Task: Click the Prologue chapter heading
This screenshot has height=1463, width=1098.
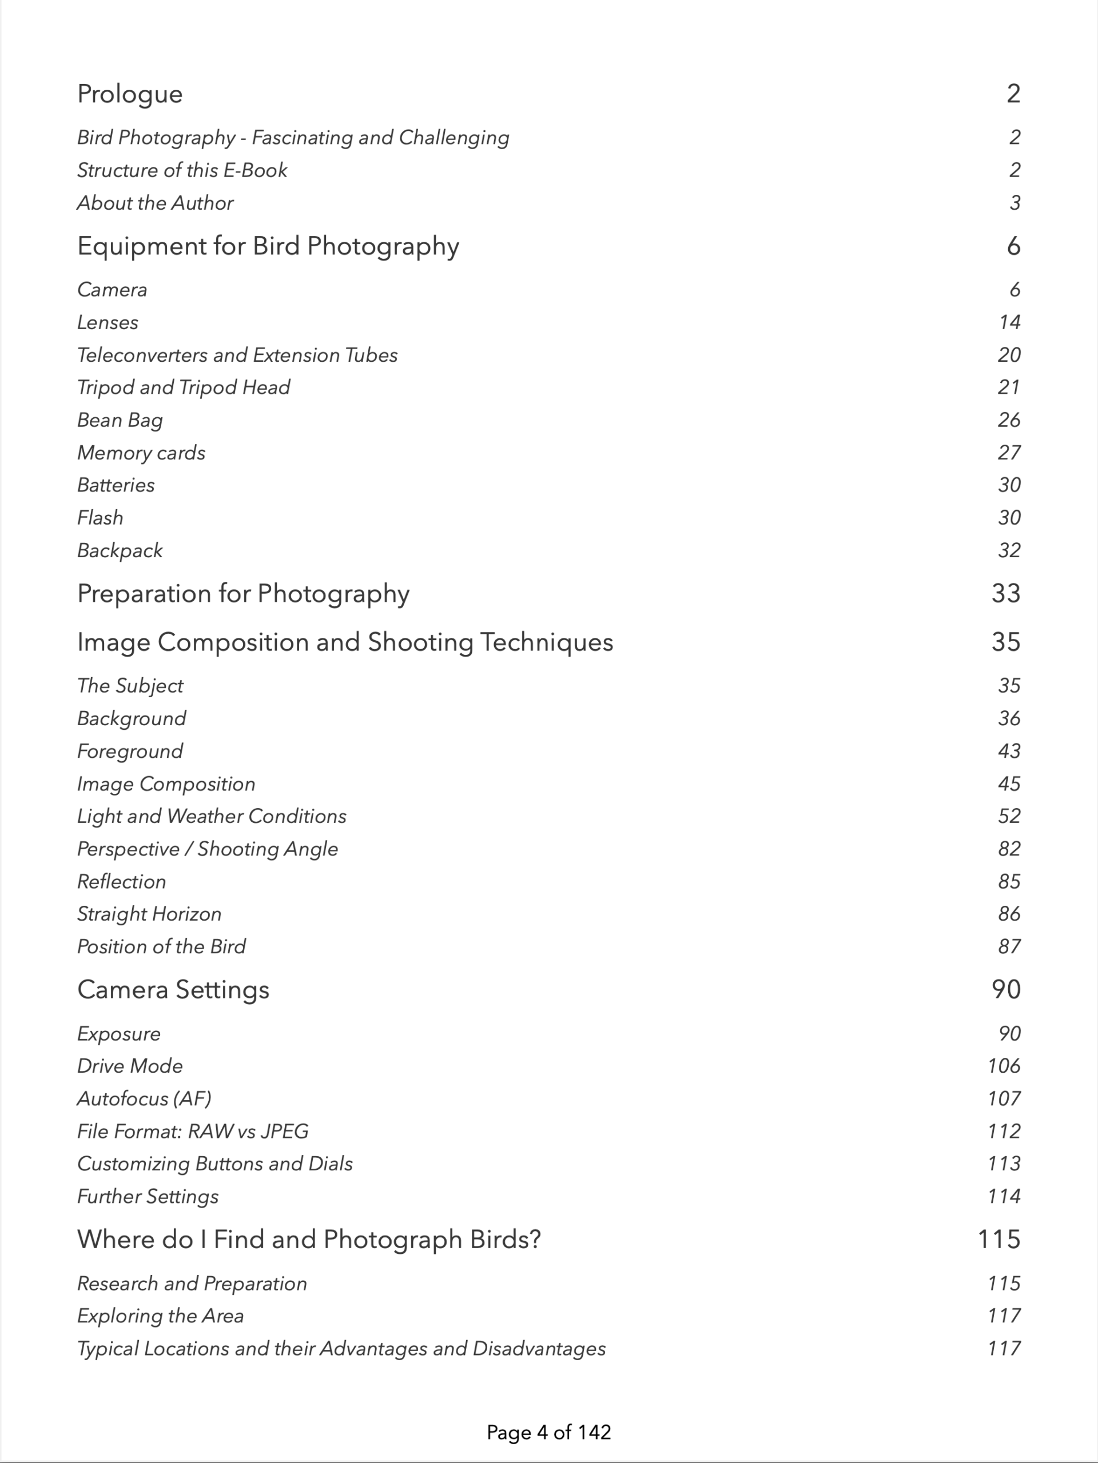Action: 130,94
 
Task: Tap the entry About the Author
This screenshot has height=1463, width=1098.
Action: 155,203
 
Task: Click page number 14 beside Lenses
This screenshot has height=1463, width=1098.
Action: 1009,323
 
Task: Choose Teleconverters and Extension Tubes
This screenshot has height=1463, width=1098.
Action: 237,355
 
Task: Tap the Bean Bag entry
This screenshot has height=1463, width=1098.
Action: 120,420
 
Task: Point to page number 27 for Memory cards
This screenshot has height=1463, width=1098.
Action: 1009,453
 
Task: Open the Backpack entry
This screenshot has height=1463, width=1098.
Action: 120,551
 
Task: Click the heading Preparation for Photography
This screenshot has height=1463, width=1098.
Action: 243,594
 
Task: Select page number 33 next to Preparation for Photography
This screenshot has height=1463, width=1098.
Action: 1005,594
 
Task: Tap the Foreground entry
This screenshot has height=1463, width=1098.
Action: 130,752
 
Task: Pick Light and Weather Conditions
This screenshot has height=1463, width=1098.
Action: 211,816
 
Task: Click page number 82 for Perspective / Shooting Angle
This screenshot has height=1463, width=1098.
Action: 1009,849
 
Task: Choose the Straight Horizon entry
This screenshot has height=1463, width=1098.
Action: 149,914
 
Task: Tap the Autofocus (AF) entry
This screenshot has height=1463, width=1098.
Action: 144,1098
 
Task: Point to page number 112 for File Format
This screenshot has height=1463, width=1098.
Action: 1004,1132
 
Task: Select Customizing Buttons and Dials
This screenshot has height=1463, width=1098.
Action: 214,1164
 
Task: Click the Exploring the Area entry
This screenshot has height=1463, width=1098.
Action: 160,1316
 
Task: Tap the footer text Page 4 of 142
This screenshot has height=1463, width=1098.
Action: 548,1433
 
